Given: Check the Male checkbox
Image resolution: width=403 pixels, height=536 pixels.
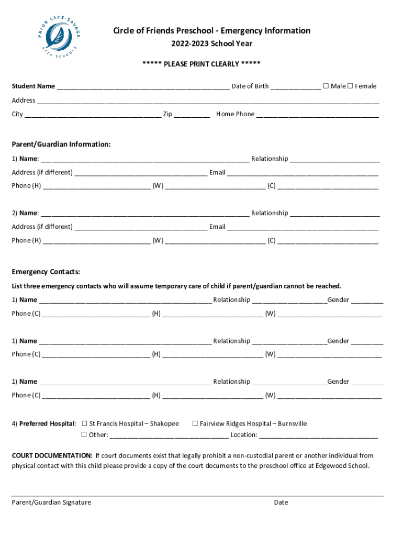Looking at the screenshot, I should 326,86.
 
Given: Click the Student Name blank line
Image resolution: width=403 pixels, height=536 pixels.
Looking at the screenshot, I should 143,87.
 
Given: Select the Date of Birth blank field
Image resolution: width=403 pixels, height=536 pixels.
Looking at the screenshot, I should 296,87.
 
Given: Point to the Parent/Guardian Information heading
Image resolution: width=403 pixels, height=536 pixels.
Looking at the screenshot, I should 61,144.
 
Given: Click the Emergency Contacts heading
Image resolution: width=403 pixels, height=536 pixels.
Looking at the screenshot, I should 46,272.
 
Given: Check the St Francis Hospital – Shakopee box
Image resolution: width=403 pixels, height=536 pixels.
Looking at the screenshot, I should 84,423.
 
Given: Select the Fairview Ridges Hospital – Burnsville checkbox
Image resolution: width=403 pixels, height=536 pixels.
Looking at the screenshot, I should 195,423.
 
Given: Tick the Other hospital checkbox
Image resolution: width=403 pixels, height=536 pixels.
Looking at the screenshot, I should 84,434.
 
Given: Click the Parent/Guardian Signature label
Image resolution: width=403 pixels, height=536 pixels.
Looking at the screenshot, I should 51,502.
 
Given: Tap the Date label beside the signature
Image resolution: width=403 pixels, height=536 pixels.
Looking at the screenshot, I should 281,502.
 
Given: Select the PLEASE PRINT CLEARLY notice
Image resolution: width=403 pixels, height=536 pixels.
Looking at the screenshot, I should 201,64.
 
